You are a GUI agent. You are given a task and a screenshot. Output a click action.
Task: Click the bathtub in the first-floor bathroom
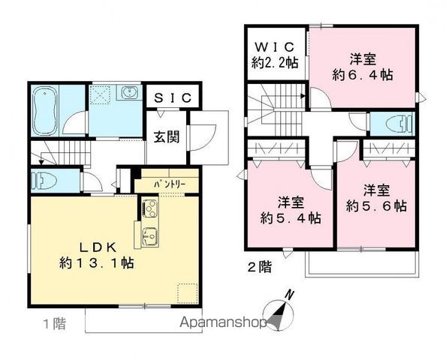(x=44, y=109)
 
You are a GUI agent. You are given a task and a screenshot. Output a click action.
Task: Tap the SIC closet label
(x=173, y=98)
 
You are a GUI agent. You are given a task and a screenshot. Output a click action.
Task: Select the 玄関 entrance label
(x=166, y=137)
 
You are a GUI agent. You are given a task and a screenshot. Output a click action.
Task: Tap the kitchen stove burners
(x=148, y=208)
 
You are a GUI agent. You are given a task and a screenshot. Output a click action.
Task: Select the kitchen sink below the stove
(x=148, y=235)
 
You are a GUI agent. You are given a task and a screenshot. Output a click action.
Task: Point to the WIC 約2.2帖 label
(x=276, y=55)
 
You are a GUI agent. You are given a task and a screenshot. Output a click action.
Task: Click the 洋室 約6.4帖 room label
(x=363, y=65)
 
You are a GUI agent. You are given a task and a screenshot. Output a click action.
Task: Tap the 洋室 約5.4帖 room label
(x=289, y=210)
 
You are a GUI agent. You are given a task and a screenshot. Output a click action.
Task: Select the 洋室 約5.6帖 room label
(x=375, y=196)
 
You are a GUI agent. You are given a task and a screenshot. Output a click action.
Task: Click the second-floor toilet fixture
(x=399, y=123)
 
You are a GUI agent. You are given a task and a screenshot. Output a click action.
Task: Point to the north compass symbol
(x=281, y=309)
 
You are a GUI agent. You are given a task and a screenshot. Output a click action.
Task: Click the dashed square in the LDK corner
(x=186, y=292)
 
